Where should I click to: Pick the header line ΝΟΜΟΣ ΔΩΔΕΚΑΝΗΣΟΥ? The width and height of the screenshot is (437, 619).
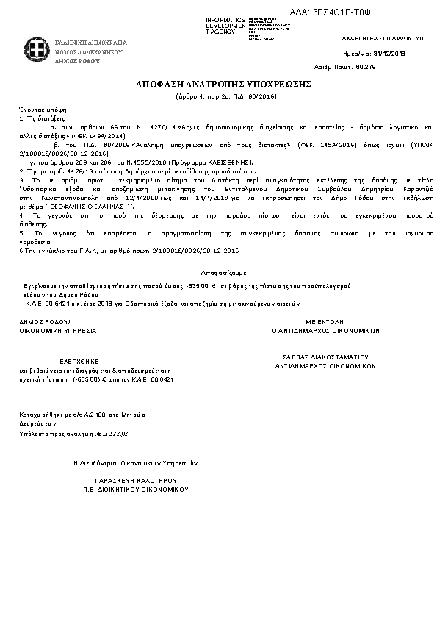(89, 52)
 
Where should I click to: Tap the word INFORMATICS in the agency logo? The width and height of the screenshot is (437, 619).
(225, 18)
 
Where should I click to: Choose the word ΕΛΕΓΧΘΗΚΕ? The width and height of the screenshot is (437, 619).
(68, 362)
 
